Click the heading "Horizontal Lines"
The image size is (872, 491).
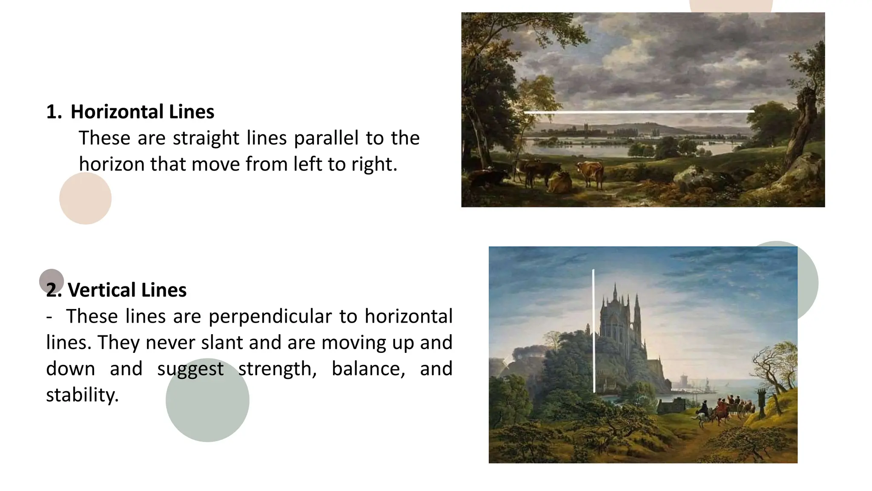pos(142,112)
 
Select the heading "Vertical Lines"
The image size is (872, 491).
pos(127,290)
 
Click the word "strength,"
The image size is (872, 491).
pos(277,369)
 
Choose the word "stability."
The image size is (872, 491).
pos(82,395)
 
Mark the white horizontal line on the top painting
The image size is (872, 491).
pos(639,112)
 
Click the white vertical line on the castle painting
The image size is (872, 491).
pos(594,330)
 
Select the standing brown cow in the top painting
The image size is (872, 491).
pos(591,173)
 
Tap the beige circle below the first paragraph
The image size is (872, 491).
pos(85,199)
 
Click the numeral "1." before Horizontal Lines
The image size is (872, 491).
pos(54,112)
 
